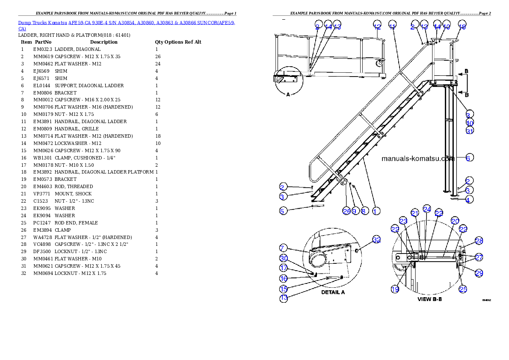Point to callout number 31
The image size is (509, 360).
[x=470, y=131]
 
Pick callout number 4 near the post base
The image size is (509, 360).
[x=469, y=200]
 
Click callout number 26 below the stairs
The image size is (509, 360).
[x=346, y=211]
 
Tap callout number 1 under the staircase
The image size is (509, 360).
[x=375, y=211]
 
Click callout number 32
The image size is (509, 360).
[x=376, y=240]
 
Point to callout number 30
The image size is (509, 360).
[x=283, y=258]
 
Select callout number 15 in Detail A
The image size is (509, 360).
[x=283, y=288]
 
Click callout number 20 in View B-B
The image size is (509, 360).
[x=455, y=221]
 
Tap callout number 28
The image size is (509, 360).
[x=479, y=241]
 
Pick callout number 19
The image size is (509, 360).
[x=395, y=289]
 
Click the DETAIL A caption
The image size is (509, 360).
[x=333, y=292]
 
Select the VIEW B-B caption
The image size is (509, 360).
[x=429, y=299]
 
